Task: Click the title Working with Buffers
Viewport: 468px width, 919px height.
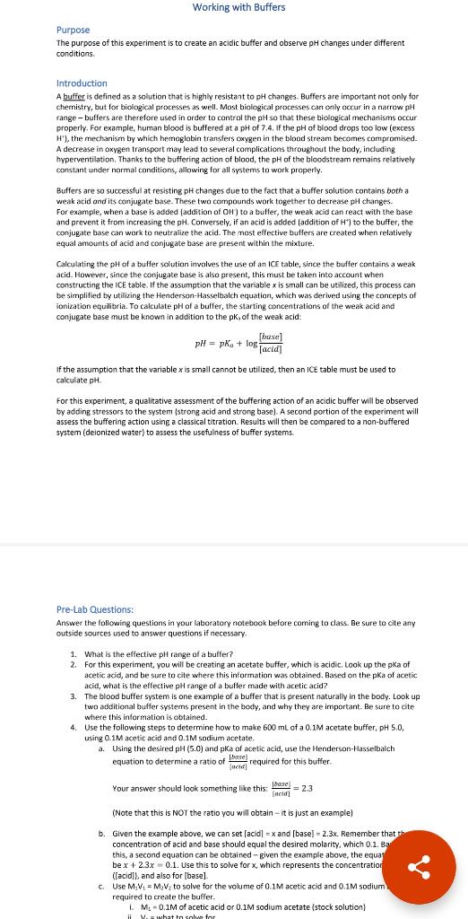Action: click(x=238, y=7)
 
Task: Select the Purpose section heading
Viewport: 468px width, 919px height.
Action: click(x=73, y=30)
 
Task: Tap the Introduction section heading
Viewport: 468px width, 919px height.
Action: click(x=82, y=83)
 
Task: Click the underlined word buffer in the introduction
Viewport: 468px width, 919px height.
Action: click(x=74, y=96)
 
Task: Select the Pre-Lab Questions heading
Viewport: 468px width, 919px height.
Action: click(x=95, y=609)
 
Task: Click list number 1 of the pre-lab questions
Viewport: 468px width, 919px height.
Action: click(x=74, y=652)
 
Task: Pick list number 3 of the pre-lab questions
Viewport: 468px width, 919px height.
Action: click(x=74, y=696)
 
